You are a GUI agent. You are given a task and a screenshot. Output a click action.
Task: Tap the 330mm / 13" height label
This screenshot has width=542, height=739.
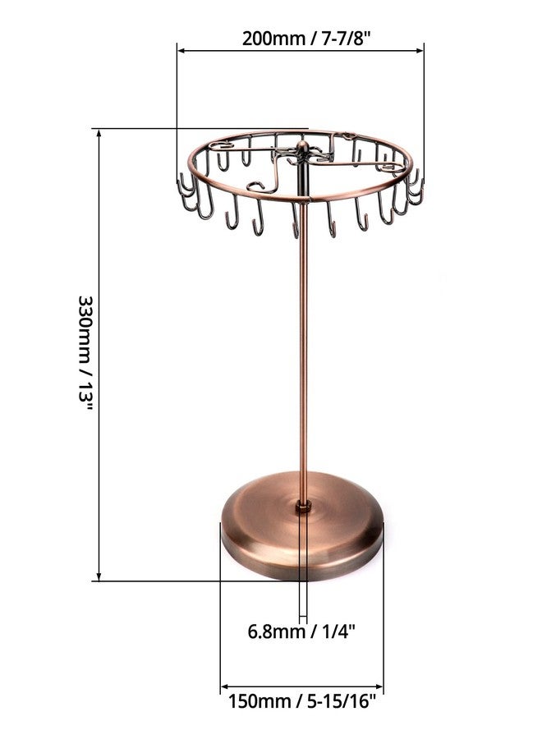[x=85, y=352]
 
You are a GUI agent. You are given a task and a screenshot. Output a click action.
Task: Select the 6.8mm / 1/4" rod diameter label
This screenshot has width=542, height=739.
[x=301, y=631]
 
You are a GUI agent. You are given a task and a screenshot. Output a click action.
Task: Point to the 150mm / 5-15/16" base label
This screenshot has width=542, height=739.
[x=302, y=701]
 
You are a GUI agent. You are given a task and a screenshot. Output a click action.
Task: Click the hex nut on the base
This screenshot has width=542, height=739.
[x=303, y=507]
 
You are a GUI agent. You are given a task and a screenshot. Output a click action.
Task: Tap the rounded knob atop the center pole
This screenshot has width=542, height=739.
[x=302, y=147]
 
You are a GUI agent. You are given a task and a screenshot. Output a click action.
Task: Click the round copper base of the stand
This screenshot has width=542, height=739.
[x=302, y=526]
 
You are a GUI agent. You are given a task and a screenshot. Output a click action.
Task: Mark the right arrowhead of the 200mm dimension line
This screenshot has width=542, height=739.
[x=420, y=50]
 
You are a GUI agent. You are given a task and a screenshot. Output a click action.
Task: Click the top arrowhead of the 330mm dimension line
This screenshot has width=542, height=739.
[x=99, y=133]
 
